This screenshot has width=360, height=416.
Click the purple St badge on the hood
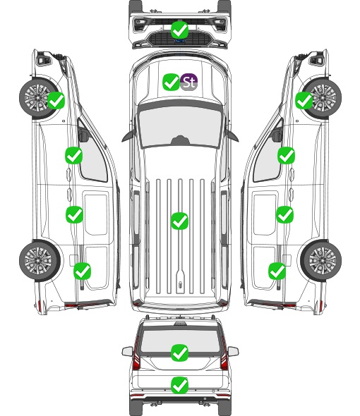[x=188, y=82]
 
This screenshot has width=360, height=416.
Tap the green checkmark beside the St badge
[x=171, y=82]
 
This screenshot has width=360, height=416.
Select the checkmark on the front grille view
[x=180, y=30]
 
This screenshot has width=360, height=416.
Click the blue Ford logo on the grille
[x=180, y=41]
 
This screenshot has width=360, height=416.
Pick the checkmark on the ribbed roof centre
[x=180, y=221]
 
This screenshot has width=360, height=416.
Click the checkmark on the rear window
[x=180, y=353]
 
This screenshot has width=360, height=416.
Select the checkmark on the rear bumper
[x=180, y=385]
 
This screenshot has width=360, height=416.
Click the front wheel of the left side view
[x=38, y=98]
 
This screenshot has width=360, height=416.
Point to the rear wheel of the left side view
[x=40, y=261]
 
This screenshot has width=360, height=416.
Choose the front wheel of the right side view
[x=323, y=98]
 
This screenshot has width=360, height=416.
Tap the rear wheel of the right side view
[x=321, y=261]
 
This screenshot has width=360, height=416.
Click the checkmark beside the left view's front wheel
[x=56, y=100]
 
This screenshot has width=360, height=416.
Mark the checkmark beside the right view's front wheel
[x=304, y=100]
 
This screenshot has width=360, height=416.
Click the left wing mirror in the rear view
[x=127, y=351]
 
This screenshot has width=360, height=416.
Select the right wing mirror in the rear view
[x=233, y=351]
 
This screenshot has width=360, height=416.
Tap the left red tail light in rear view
[x=136, y=354]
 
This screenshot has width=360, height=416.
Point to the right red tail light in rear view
[x=224, y=354]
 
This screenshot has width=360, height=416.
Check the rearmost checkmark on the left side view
[x=82, y=271]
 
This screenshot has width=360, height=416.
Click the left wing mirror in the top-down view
[x=128, y=136]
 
